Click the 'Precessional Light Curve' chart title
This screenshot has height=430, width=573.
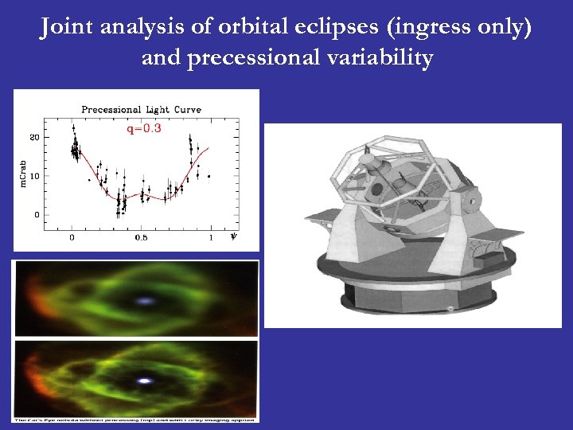142,109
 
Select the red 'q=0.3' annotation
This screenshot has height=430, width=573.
144,128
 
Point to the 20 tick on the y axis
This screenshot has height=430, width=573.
34,137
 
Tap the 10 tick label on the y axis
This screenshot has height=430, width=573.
34,176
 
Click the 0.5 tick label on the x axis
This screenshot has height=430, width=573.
141,236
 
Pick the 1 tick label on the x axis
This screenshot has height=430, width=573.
211,236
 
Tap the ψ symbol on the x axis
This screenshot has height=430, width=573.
232,236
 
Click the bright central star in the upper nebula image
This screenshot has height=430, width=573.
145,302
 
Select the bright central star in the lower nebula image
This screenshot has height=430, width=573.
144,381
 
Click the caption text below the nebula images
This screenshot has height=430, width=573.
135,418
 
